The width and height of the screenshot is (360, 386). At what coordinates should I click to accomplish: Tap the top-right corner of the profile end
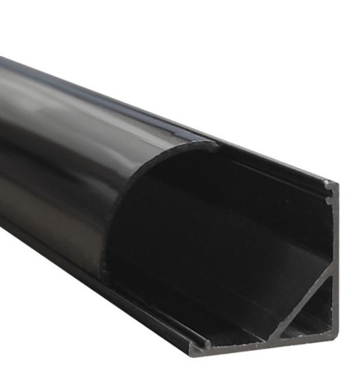pos(334,182)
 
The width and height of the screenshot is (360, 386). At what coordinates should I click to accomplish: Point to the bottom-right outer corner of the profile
pos(337,337)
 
